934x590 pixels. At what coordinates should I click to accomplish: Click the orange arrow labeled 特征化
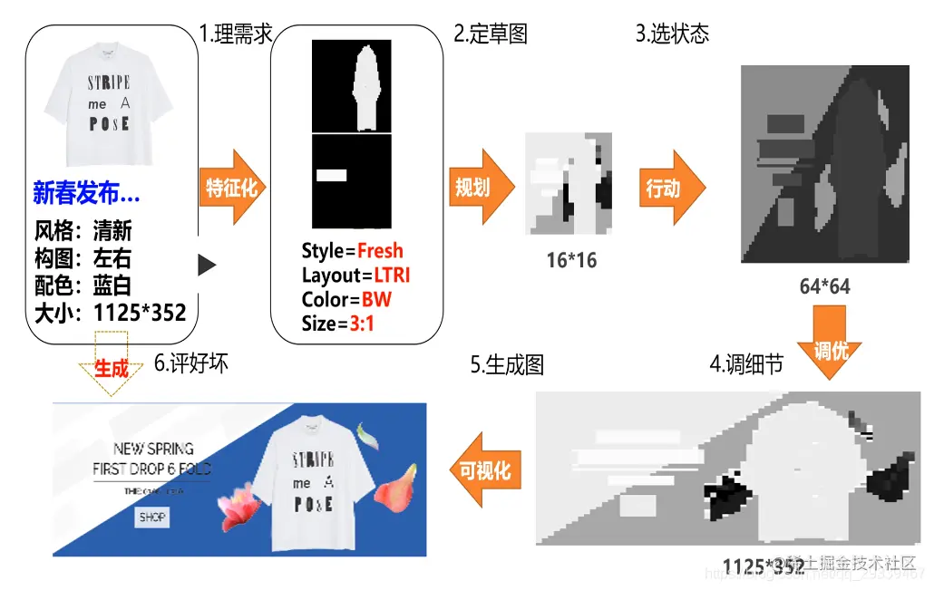(x=233, y=189)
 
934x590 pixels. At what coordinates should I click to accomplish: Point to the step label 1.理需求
(x=237, y=34)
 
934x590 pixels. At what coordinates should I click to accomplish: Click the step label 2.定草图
(x=491, y=34)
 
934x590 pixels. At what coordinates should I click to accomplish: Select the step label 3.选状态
(x=672, y=34)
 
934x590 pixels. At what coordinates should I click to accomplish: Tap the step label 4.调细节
(x=746, y=364)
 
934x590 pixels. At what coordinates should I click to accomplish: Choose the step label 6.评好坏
(x=190, y=363)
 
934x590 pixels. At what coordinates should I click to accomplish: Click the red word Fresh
(x=380, y=251)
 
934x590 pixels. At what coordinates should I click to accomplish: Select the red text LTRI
(x=392, y=275)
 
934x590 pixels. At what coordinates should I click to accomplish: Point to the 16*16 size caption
(x=571, y=260)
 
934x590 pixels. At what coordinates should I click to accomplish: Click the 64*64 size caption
(x=824, y=286)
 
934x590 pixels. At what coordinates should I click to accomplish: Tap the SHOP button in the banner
(x=152, y=517)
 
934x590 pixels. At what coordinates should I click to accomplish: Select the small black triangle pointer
(x=208, y=265)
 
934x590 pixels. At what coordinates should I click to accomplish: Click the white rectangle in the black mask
(x=332, y=176)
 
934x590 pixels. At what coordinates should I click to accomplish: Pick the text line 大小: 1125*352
(x=110, y=313)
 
